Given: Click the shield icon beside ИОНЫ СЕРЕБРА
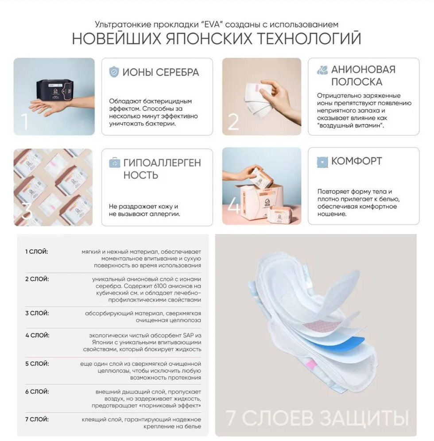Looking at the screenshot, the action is (114, 72).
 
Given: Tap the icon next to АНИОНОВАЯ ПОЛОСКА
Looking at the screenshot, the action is (322, 70).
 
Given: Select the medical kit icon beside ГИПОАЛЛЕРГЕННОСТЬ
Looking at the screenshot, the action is (114, 162).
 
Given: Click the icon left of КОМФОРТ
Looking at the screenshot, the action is (322, 162).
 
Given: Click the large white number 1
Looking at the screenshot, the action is (25, 121).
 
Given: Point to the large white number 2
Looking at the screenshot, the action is (233, 122).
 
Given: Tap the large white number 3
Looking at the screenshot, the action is (26, 211).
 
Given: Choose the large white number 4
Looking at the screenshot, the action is (233, 206).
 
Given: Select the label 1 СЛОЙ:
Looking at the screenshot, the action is (37, 251).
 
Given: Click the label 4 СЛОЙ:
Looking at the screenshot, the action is (37, 335).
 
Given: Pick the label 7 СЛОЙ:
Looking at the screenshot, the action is (37, 419).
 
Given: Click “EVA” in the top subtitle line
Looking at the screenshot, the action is (210, 24).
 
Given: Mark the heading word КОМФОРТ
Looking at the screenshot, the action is (356, 161).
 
